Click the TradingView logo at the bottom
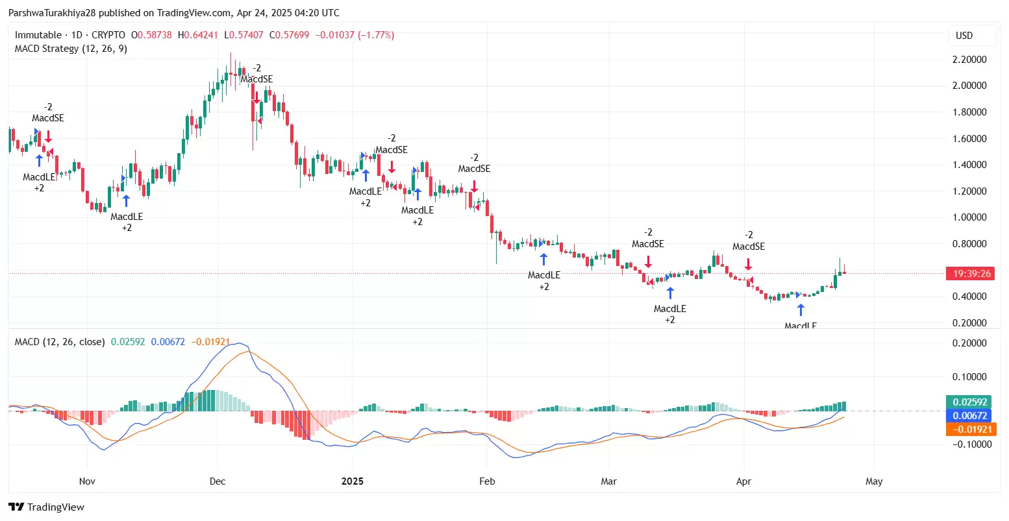46,507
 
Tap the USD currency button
964,36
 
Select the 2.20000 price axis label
969,60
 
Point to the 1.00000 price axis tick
969,217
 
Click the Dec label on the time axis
218,481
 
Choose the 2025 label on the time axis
353,481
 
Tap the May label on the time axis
874,481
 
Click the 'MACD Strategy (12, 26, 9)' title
71,49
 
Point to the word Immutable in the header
38,35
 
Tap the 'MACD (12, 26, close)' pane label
60,341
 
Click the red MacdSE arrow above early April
749,264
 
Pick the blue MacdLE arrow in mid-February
544,259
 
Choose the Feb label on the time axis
487,481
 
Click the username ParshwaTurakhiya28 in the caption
52,13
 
